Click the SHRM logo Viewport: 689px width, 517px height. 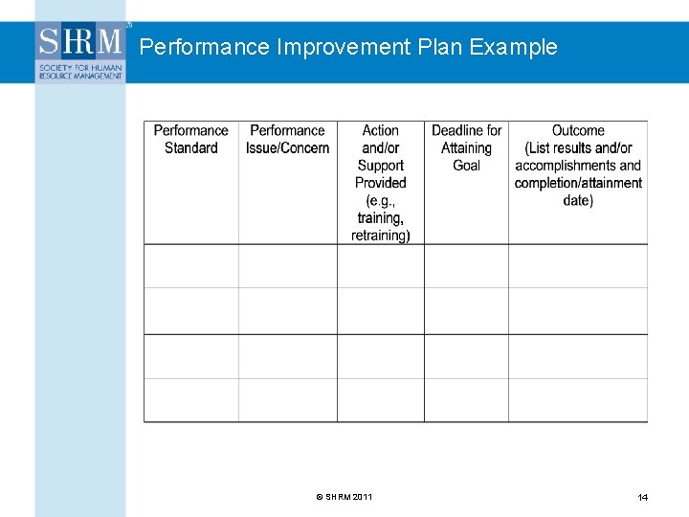(x=81, y=53)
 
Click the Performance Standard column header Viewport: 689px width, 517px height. (x=190, y=139)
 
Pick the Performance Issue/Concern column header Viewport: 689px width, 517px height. (x=287, y=139)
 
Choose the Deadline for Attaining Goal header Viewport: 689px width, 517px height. (x=466, y=147)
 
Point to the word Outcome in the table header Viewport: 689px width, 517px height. (x=578, y=130)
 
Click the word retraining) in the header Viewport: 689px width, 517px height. (x=380, y=236)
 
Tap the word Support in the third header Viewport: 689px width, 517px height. (x=380, y=166)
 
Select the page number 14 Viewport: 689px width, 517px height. (x=643, y=497)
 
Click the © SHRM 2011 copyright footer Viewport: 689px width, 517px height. (x=344, y=496)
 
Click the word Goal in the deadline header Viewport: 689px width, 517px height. (x=466, y=166)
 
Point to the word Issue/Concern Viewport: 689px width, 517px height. (x=287, y=148)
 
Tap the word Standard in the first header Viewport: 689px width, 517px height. (x=190, y=148)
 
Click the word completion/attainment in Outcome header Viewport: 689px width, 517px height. (x=578, y=183)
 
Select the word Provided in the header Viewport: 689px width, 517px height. (x=380, y=183)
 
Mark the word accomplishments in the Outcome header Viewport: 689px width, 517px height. (x=564, y=166)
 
